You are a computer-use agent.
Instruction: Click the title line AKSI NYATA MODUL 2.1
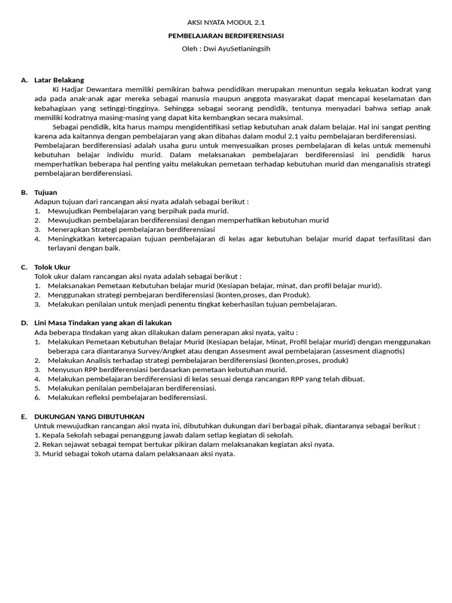pyautogui.click(x=225, y=22)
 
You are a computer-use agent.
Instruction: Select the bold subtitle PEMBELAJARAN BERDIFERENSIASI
pyautogui.click(x=226, y=35)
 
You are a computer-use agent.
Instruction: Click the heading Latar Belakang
pyautogui.click(x=59, y=79)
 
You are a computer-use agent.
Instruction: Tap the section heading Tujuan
pyautogui.click(x=46, y=192)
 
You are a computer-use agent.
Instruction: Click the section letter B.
pyautogui.click(x=24, y=192)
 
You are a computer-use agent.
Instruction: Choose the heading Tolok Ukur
pyautogui.click(x=52, y=267)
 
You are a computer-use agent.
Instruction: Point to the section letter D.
pyautogui.click(x=24, y=323)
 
